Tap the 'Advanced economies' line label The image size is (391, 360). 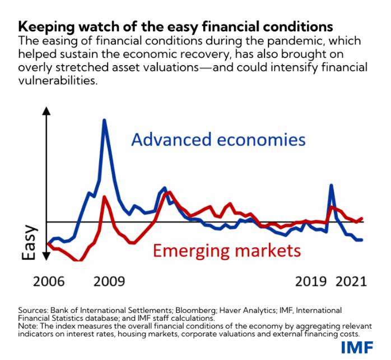218,140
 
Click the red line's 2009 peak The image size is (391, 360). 104,196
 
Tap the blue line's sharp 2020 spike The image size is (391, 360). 332,185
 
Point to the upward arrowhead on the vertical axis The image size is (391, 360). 47,109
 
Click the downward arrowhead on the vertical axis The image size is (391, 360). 47,257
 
